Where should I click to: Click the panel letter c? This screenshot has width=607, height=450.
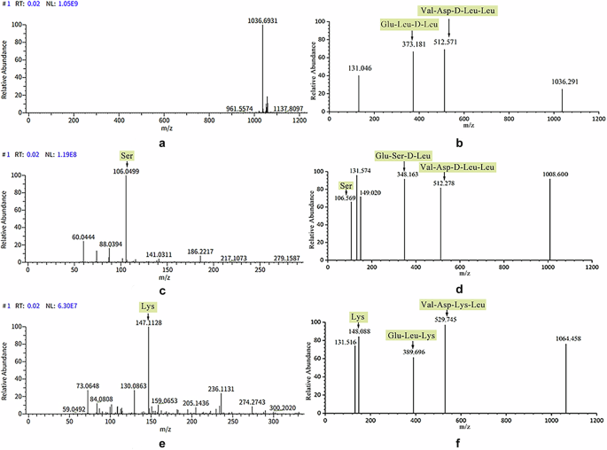[x=157, y=289]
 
